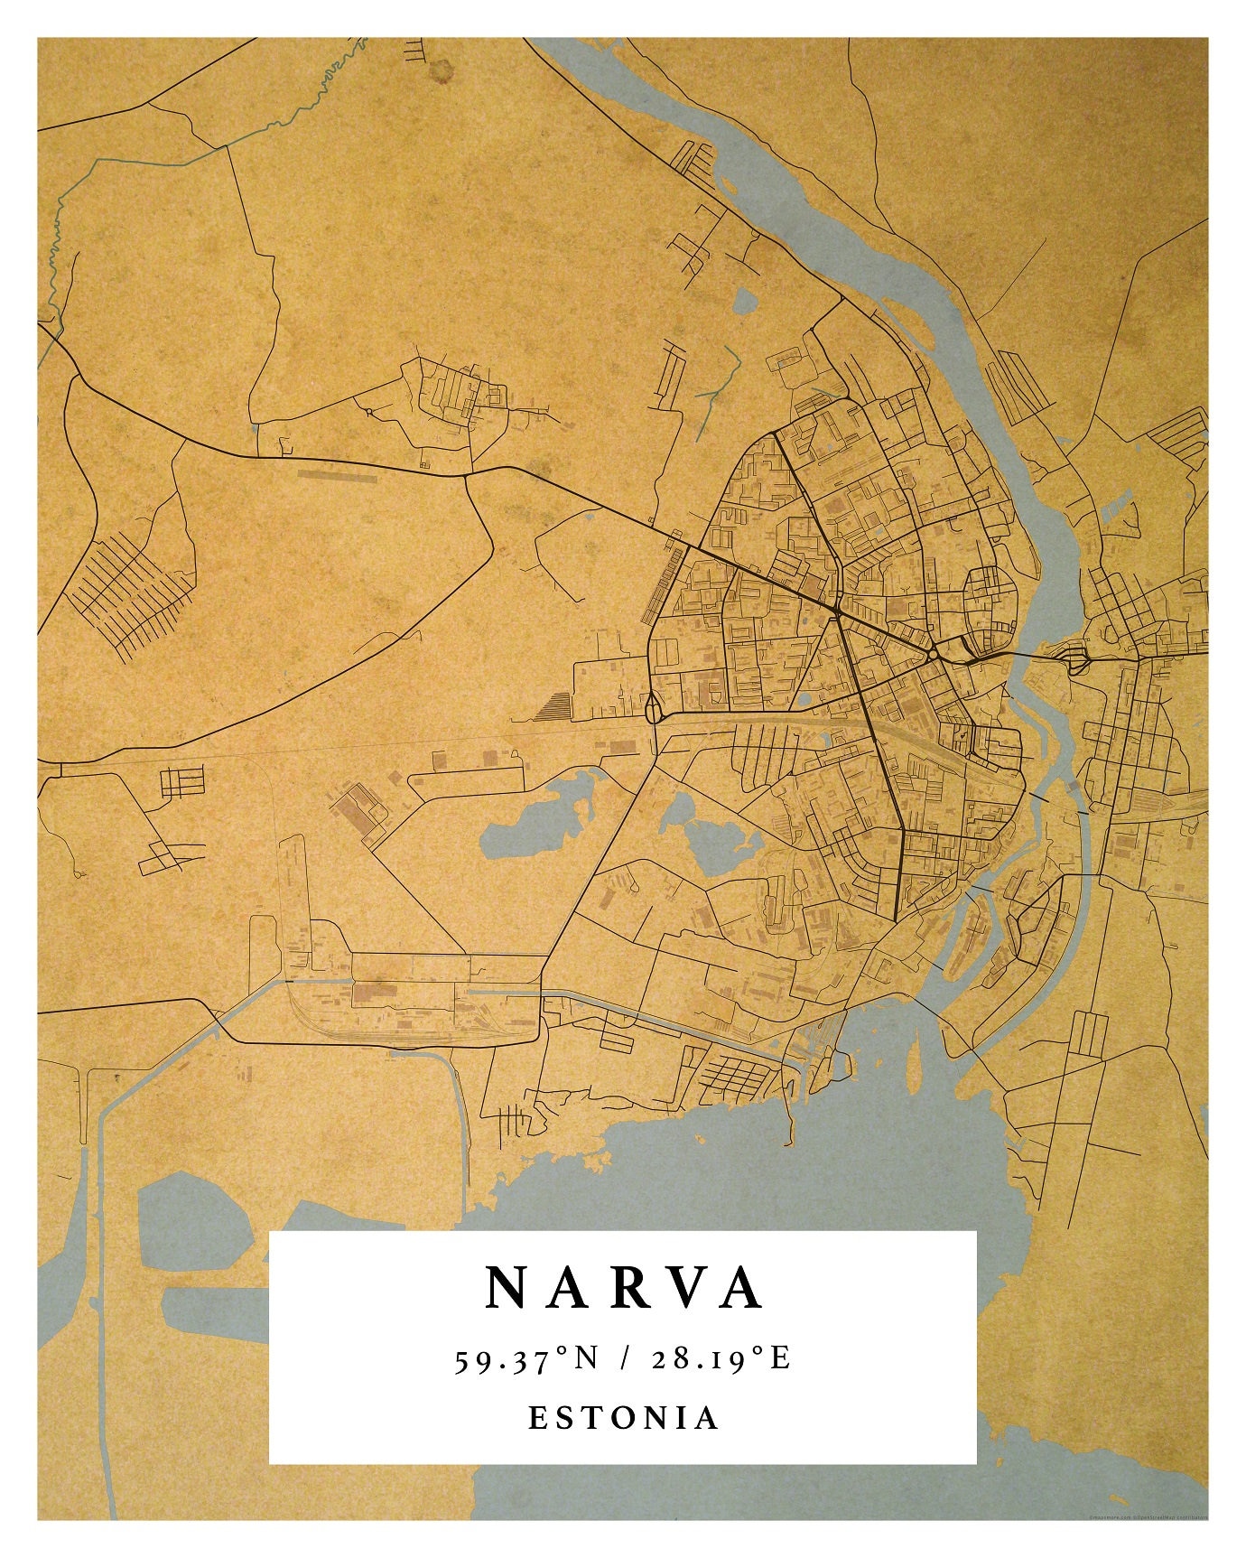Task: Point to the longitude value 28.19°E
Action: tap(721, 1358)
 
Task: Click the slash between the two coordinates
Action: tap(624, 1358)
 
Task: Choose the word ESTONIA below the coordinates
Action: tap(623, 1417)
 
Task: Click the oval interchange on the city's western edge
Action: tap(652, 708)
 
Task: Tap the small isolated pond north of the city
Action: tap(744, 301)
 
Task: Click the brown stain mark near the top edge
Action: tap(443, 70)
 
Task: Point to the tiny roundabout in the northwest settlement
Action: tap(369, 412)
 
